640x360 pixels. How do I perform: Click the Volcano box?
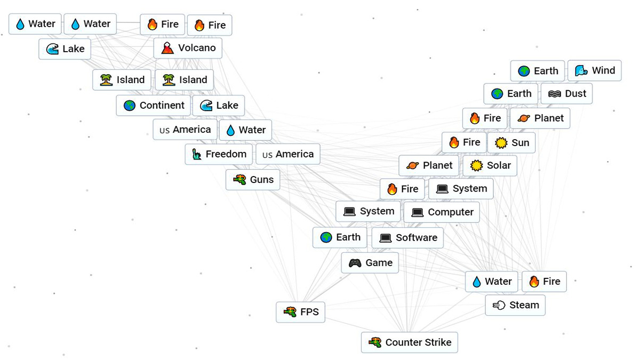[188, 48]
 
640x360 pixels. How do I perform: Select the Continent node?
[153, 106]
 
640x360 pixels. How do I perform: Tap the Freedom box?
[219, 155]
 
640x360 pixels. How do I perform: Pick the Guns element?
[253, 180]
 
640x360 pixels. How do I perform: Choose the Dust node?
[566, 94]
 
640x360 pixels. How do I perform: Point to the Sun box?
[511, 142]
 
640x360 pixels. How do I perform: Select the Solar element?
[490, 166]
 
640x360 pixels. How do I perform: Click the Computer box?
[442, 212]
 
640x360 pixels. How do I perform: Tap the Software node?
[407, 238]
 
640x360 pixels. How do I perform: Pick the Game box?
[370, 263]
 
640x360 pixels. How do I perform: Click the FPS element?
[300, 312]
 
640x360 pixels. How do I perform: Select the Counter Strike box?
[409, 342]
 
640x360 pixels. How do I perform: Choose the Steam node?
[515, 305]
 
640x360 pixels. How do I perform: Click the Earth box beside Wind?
[537, 71]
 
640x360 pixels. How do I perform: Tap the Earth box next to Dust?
[510, 94]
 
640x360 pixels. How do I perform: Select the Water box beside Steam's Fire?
[491, 282]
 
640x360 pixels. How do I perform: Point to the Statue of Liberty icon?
[197, 155]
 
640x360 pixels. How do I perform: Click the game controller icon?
[355, 263]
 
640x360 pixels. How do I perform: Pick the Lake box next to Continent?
[218, 106]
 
